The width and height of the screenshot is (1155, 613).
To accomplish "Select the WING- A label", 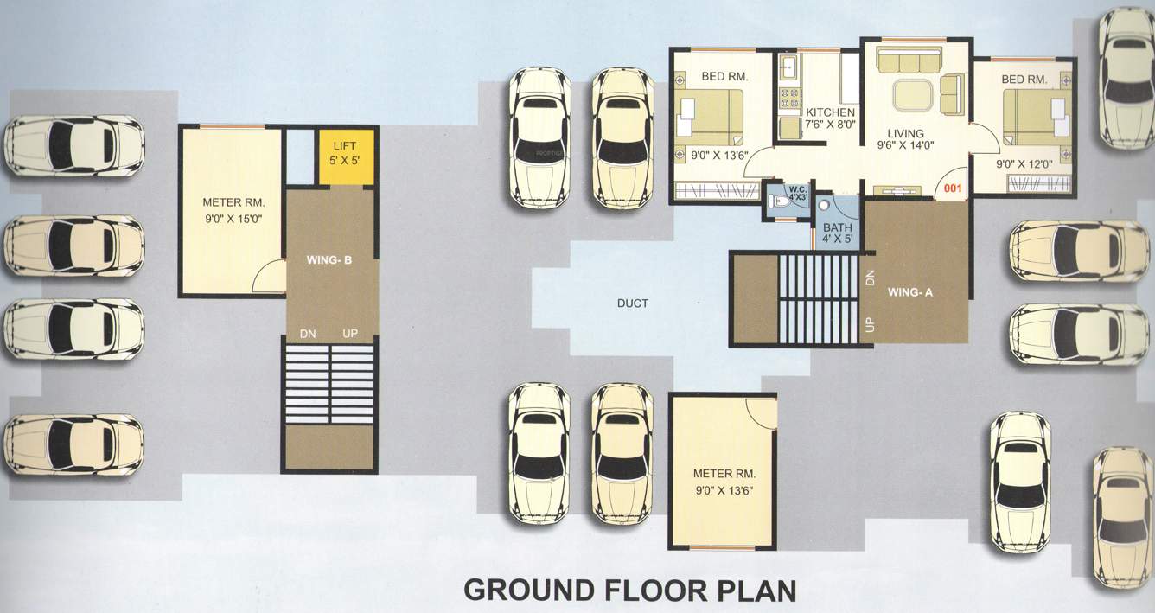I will tap(910, 292).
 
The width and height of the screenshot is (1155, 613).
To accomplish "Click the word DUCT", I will tap(633, 303).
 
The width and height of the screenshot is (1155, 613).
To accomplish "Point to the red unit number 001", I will tap(953, 187).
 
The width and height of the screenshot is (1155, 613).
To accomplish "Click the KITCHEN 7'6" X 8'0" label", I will tap(830, 118).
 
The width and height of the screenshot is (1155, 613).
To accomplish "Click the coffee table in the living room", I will tap(914, 93).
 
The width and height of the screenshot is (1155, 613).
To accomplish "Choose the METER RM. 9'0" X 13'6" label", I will tap(724, 482).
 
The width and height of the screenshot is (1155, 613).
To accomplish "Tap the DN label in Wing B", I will tap(308, 334).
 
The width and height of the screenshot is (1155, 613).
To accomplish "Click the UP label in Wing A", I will tap(870, 324).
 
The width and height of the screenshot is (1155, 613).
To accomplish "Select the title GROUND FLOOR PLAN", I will tap(629, 590).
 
